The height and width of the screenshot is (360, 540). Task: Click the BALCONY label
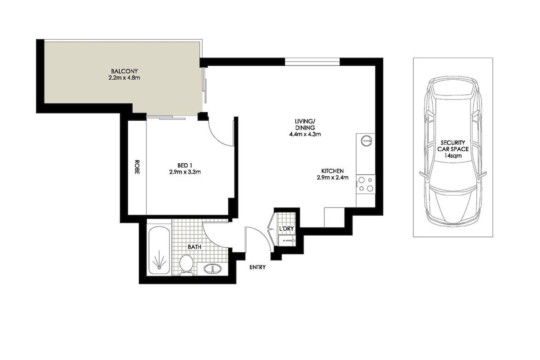click(x=124, y=71)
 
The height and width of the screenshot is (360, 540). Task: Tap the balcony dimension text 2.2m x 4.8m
click(x=124, y=78)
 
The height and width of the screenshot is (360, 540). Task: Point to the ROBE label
click(x=137, y=167)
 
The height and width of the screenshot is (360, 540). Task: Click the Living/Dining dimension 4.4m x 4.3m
click(x=305, y=134)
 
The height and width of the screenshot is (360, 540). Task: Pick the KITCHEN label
click(x=332, y=171)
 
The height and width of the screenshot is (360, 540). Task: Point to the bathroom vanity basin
click(x=212, y=268)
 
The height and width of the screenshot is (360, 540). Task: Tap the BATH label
click(x=195, y=247)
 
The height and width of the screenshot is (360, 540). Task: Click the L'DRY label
click(x=286, y=229)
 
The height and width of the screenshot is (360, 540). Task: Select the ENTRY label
click(x=258, y=267)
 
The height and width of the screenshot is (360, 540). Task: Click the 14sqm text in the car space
click(x=453, y=156)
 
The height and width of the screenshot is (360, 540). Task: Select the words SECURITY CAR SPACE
click(x=453, y=146)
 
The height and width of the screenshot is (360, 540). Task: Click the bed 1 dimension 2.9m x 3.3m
click(x=185, y=172)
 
